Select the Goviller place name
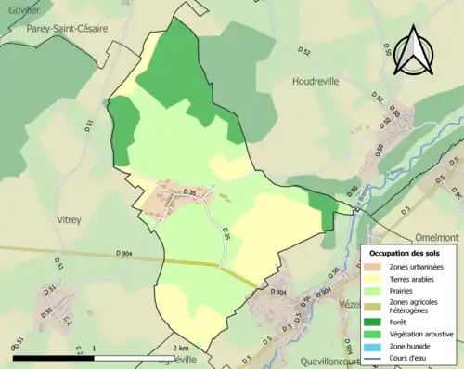18,8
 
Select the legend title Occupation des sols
405,253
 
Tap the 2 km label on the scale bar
181,348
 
